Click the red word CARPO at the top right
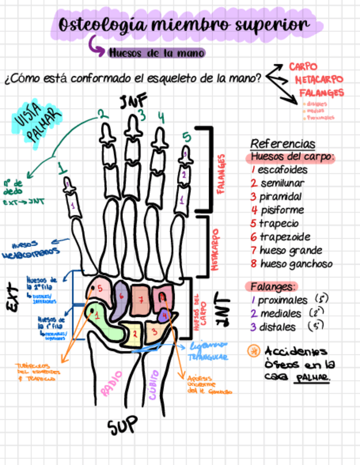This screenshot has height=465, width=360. pos(303,66)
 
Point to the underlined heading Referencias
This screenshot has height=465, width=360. pos(283,144)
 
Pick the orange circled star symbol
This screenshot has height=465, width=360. pos(254,351)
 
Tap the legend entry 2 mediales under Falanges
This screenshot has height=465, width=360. pos(277,314)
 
